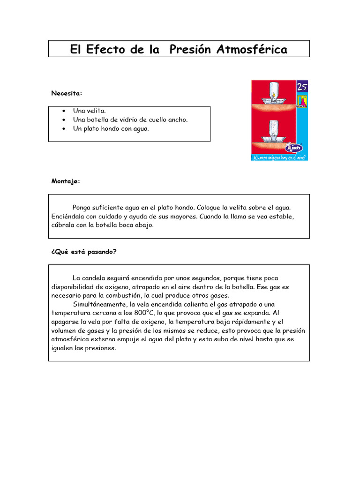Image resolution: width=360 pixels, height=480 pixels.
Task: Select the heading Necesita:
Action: click(67, 93)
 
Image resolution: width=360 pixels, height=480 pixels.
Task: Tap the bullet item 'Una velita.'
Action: click(90, 111)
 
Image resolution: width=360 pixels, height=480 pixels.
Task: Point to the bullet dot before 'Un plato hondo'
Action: click(63, 128)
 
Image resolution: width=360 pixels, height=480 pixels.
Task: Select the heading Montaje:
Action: click(66, 181)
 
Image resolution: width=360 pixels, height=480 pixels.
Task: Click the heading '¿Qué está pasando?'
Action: click(84, 252)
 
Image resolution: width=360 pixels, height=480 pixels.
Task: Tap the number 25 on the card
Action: click(302, 87)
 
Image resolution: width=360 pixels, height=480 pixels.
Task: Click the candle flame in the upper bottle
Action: click(273, 95)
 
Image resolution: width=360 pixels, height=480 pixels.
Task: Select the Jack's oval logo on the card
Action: click(293, 147)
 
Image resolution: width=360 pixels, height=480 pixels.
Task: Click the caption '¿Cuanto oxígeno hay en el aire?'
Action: click(280, 158)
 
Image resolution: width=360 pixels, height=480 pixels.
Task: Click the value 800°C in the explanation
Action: click(142, 313)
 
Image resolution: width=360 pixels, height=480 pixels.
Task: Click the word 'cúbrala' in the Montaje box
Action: click(63, 225)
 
